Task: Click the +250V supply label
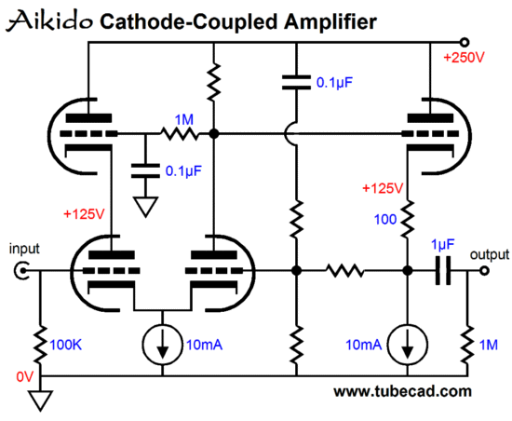tap(464, 58)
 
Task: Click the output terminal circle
tap(485, 270)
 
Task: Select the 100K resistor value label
tap(65, 345)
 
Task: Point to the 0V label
tap(25, 377)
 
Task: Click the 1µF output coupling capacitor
tap(443, 270)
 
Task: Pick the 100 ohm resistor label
tap(385, 219)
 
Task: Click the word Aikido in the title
tap(49, 20)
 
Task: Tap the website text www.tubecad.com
tap(402, 391)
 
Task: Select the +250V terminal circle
tap(464, 43)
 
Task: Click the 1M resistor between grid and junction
tap(180, 133)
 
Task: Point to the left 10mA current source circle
tap(162, 345)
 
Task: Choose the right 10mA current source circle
tap(407, 345)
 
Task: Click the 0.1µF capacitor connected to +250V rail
tap(296, 82)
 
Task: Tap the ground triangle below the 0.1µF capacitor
tap(145, 207)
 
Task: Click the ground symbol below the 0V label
tap(40, 401)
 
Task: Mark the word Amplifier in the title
tap(330, 22)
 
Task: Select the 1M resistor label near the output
tap(489, 345)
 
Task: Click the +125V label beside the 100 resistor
tap(383, 188)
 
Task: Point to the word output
tap(490, 254)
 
